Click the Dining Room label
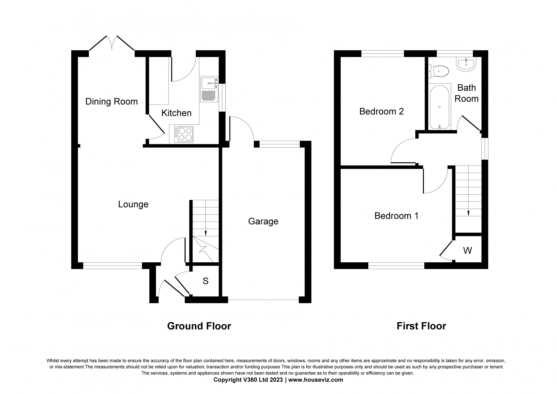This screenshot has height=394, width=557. [111, 102]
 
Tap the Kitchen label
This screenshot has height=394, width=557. [176, 113]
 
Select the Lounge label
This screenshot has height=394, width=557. [133, 204]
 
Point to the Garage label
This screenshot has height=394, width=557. [263, 221]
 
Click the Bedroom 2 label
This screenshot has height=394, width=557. [381, 111]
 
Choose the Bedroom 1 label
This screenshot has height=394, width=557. [397, 216]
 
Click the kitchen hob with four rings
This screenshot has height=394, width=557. [184, 134]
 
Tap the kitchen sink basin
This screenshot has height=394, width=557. [209, 83]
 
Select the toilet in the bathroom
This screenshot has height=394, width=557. [438, 71]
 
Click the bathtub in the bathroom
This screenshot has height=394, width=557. [439, 107]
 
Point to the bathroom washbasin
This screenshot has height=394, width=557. [466, 64]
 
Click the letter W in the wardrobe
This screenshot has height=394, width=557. [468, 250]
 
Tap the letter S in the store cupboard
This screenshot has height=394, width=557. [205, 281]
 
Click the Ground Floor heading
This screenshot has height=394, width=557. [199, 326]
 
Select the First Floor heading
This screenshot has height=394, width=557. [421, 326]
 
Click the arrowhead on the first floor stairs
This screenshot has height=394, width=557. [469, 213]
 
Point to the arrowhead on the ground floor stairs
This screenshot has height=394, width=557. [206, 233]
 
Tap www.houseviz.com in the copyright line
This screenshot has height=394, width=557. [315, 380]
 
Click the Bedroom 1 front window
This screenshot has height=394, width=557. [397, 266]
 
